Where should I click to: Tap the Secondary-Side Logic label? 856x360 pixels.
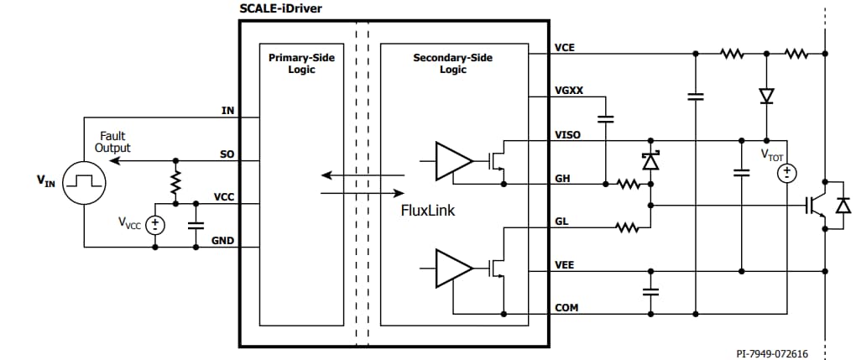(x=453, y=63)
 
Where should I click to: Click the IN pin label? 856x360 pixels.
(x=227, y=111)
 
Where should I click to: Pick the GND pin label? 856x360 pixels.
(x=222, y=242)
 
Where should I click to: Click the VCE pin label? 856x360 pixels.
(x=565, y=48)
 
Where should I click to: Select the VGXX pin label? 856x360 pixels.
(x=568, y=89)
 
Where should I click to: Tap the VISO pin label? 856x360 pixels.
(x=567, y=134)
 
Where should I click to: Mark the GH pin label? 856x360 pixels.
(x=563, y=179)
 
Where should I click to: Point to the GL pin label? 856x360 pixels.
(x=562, y=222)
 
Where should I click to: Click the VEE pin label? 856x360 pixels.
(x=565, y=265)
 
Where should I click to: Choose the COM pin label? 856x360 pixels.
(x=566, y=308)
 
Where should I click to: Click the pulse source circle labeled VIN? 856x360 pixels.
(x=85, y=180)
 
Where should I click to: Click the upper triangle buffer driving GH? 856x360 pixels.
(x=452, y=161)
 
